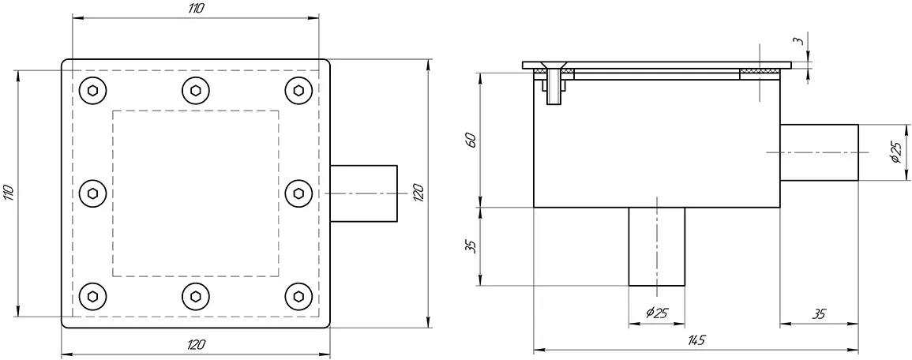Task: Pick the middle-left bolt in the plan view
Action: (94, 193)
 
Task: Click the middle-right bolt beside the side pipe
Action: (298, 193)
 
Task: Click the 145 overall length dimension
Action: (696, 339)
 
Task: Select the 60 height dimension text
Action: (471, 141)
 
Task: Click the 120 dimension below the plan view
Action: (196, 344)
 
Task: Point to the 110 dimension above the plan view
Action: (196, 8)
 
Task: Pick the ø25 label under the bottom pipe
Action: (656, 313)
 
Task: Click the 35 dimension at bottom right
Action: (819, 313)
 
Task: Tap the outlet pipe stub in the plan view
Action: (362, 193)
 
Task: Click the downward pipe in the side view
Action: (656, 246)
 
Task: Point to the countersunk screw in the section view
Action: (555, 83)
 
